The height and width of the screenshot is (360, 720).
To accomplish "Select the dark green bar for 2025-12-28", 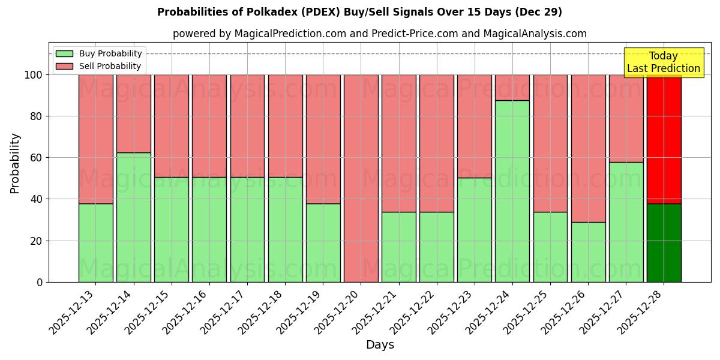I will click(x=664, y=242).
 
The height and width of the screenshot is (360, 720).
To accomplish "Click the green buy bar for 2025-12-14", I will click(x=133, y=217).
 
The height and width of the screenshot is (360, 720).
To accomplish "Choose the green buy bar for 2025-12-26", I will click(x=588, y=252).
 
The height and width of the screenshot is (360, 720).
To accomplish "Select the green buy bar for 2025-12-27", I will click(x=626, y=222).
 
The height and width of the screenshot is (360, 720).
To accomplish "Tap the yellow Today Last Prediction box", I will click(x=663, y=62).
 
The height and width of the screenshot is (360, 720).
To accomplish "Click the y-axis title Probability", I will click(x=15, y=163).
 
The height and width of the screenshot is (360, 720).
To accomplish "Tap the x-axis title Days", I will click(x=380, y=345).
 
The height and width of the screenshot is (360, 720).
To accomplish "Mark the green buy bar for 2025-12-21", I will click(x=398, y=247).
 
